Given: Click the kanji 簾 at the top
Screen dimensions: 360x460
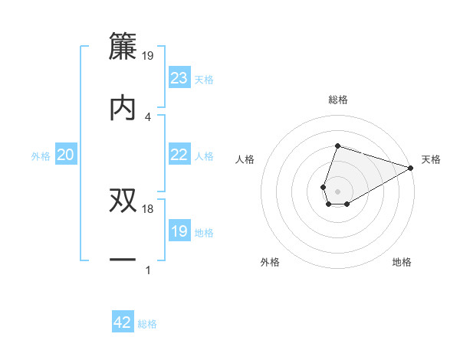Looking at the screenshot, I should pyautogui.click(x=123, y=48).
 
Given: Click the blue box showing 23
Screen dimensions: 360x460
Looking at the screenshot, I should pyautogui.click(x=179, y=77).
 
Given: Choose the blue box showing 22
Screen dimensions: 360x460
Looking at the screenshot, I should pyautogui.click(x=179, y=155).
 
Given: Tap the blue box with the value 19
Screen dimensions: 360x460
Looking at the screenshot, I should pyautogui.click(x=179, y=231).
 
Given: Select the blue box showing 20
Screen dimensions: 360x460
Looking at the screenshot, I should pyautogui.click(x=66, y=155).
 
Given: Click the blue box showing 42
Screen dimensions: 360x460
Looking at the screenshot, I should pyautogui.click(x=123, y=322).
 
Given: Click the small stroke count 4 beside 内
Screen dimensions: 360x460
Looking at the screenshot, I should pyautogui.click(x=148, y=116).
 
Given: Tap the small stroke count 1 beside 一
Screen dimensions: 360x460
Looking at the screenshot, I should pyautogui.click(x=148, y=270).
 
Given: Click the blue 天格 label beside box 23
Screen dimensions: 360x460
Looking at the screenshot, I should pyautogui.click(x=204, y=79).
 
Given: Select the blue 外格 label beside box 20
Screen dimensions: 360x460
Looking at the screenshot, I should pyautogui.click(x=41, y=156).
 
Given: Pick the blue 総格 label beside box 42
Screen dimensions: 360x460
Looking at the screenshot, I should pyautogui.click(x=147, y=324).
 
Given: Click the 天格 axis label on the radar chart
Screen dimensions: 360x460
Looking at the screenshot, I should pyautogui.click(x=431, y=159).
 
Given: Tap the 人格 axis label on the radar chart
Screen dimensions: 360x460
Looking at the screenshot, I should pyautogui.click(x=245, y=159).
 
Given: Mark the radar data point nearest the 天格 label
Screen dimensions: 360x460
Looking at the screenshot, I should pyautogui.click(x=411, y=169).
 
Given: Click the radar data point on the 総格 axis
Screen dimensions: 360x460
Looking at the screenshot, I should pyautogui.click(x=337, y=146).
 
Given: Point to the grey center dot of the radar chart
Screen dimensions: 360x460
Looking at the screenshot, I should pyautogui.click(x=337, y=190).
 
